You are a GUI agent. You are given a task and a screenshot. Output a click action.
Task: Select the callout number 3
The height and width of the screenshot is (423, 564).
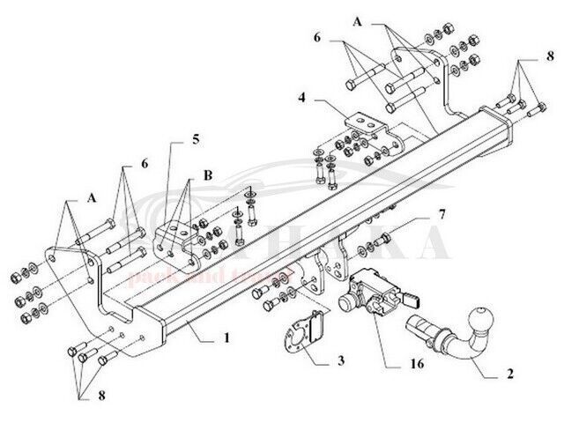[x=339, y=362]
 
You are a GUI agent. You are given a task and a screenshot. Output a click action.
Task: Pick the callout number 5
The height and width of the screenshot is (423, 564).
[x=197, y=139]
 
